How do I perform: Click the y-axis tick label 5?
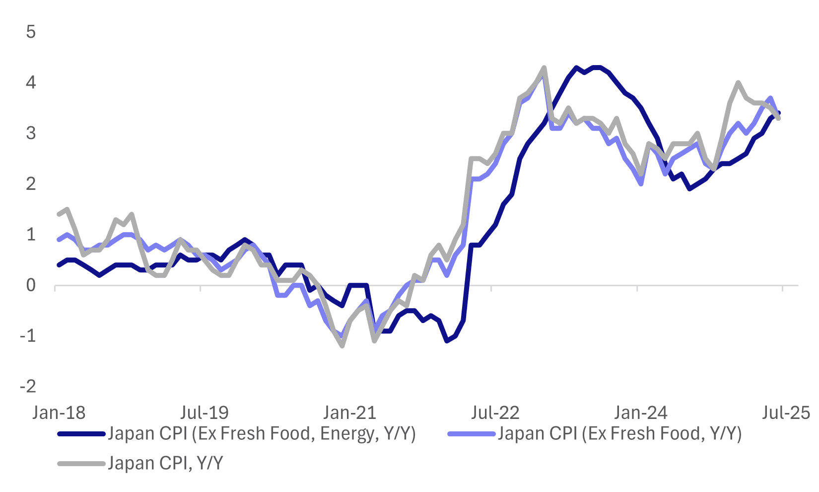pos(31,32)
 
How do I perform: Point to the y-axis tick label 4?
pos(31,82)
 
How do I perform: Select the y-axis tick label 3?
pos(31,133)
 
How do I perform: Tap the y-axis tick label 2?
pos(31,184)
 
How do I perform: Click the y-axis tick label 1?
pos(31,235)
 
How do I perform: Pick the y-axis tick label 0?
pos(31,285)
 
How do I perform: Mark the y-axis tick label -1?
pos(28,336)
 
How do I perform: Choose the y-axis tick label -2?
pos(28,387)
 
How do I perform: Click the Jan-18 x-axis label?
pos(59,412)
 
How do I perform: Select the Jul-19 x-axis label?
pos(204,412)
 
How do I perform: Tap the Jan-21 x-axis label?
pos(349,412)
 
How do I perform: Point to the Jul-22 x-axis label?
pos(495,412)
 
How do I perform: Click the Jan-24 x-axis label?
pos(640,412)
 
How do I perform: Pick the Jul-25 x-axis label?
pos(786,412)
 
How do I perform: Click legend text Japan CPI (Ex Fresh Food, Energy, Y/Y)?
pos(262,434)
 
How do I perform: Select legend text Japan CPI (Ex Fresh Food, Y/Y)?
pos(619,434)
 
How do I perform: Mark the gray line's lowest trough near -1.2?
pos(342,345)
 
